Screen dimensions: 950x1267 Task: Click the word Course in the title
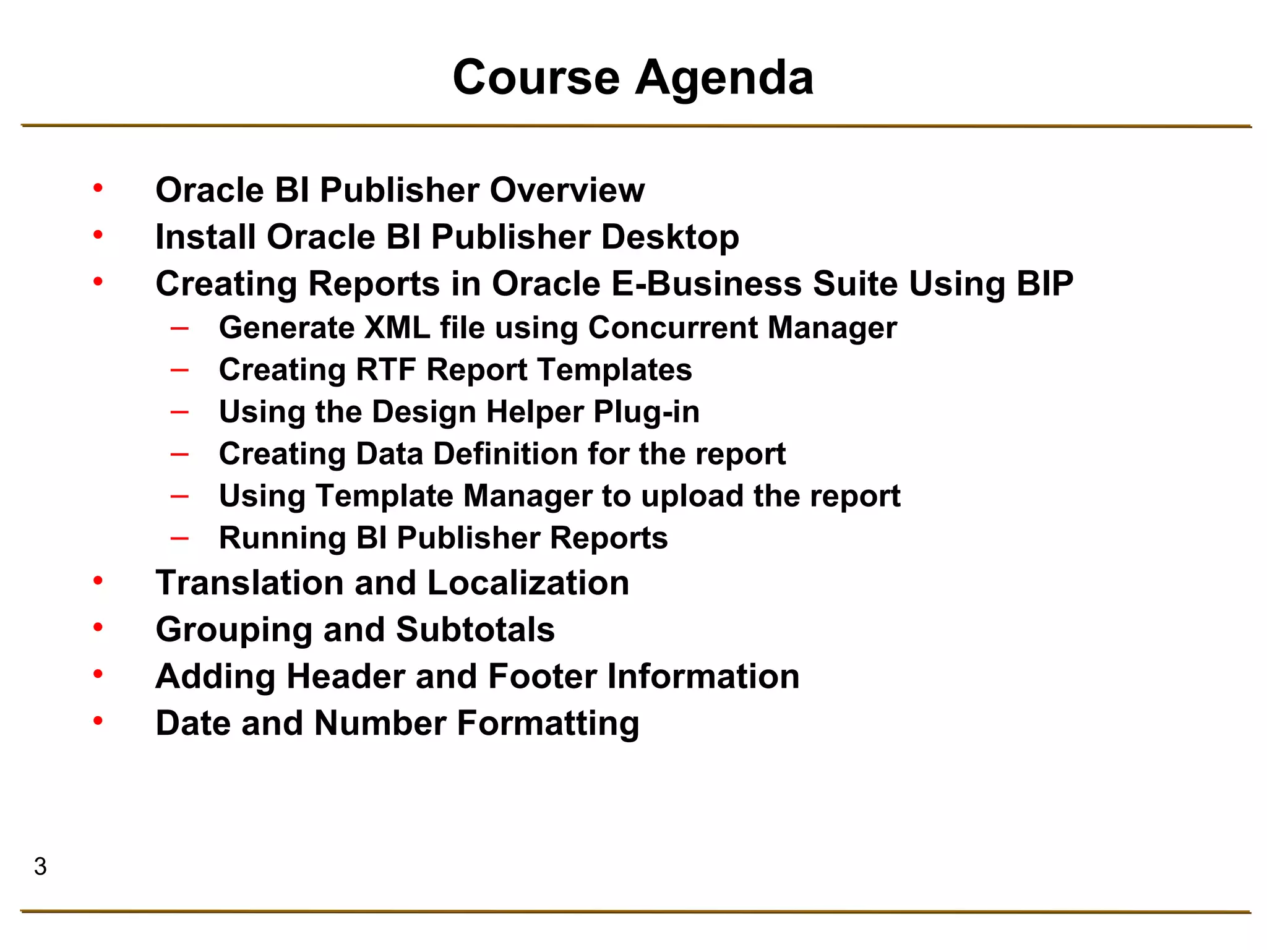click(536, 78)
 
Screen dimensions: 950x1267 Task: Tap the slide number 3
click(40, 867)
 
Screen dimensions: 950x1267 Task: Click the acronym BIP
click(1044, 284)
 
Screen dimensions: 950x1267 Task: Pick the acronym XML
click(397, 328)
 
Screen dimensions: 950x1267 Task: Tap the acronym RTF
click(385, 370)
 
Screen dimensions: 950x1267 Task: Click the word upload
click(692, 496)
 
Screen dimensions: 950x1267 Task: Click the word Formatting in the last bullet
click(548, 723)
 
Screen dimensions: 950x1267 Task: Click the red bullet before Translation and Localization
click(98, 580)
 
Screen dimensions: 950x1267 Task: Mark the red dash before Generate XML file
click(179, 328)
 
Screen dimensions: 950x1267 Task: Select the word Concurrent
click(672, 328)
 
